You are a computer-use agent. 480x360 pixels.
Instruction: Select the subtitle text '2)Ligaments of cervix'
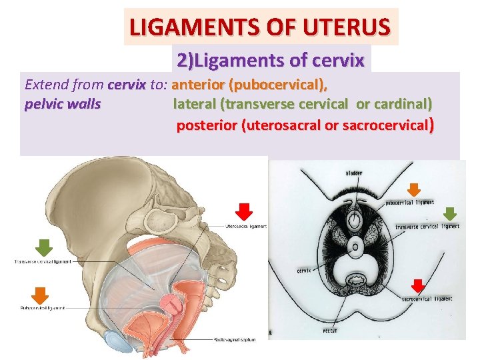pos(271,61)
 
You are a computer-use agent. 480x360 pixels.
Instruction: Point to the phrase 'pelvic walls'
pos(63,105)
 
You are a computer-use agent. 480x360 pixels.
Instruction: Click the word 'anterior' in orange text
pos(198,85)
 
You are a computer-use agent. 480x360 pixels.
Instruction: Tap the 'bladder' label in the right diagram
pos(355,173)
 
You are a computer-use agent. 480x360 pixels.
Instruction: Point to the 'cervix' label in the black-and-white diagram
pos(304,271)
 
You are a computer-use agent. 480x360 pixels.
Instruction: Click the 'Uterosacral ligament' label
pos(247,226)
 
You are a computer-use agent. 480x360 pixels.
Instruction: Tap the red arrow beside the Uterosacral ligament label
pos(245,211)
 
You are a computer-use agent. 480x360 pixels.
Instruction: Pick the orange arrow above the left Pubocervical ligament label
pos(41,295)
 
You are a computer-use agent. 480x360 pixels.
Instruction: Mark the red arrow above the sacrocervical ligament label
pos(418,285)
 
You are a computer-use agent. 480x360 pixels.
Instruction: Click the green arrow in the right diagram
pos(451,213)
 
